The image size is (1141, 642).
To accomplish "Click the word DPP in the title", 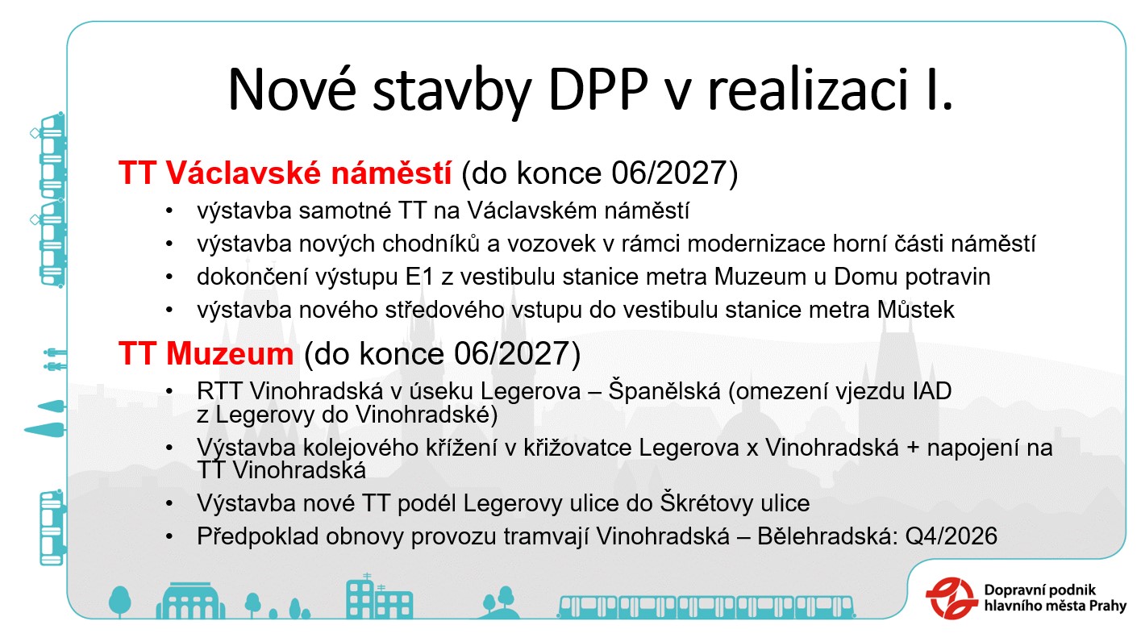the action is point(598,90).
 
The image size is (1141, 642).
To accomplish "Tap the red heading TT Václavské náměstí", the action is point(285,173).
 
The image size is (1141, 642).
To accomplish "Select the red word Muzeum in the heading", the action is point(230,353).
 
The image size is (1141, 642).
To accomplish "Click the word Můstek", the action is point(915,309).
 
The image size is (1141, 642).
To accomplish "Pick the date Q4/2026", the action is point(951,536).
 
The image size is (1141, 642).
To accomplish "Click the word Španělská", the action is point(664,391).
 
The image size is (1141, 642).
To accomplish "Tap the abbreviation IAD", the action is point(931,391).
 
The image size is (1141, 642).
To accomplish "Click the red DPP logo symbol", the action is point(952,598).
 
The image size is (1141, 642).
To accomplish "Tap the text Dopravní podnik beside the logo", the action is point(1039,590).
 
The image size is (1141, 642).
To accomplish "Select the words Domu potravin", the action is point(912,277).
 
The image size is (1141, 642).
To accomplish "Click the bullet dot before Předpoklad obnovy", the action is point(169,536).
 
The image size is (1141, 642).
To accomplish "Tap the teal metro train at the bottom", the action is point(706,607).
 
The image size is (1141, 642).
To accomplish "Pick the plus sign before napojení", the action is point(913,448).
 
